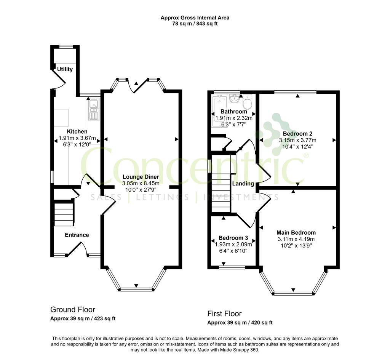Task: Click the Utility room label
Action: (65, 69)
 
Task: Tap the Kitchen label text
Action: (77, 131)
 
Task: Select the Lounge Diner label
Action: (141, 177)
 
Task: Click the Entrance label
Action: (77, 235)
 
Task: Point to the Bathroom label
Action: (234, 112)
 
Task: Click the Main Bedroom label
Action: (296, 233)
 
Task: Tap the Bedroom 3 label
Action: (233, 238)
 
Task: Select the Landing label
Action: (243, 184)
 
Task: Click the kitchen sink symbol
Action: (94, 109)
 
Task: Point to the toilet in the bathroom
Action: (248, 102)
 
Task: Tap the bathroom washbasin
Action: (234, 99)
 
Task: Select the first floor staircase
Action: (221, 183)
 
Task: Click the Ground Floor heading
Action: (73, 309)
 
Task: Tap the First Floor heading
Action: (225, 314)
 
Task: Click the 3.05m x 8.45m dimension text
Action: (141, 183)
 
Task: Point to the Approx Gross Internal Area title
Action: (195, 18)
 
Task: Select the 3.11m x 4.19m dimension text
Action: (296, 239)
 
